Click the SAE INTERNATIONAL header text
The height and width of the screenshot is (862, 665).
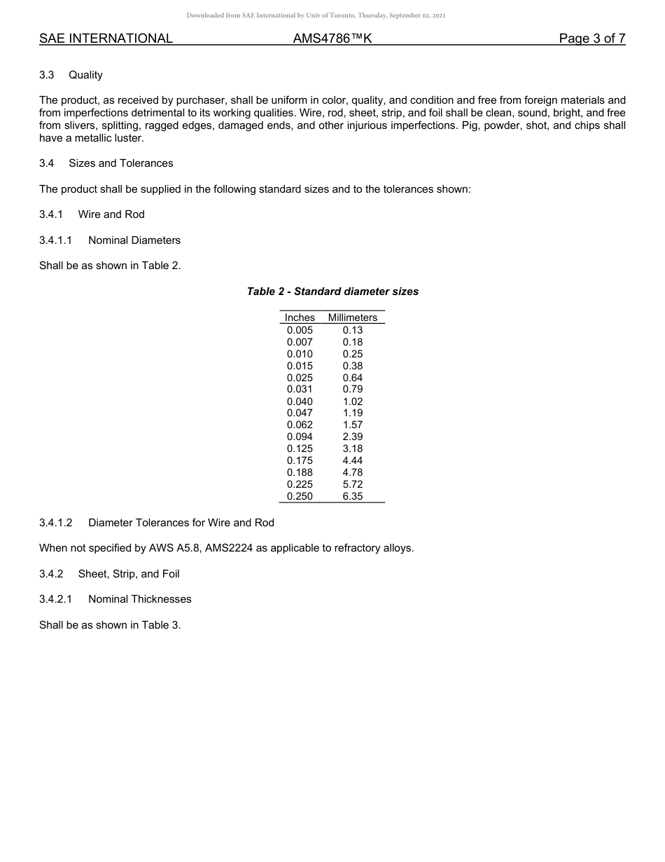click(x=106, y=39)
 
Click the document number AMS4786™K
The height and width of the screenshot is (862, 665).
click(x=332, y=39)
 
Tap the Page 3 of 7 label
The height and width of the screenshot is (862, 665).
click(x=591, y=39)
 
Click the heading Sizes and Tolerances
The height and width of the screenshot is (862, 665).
click(x=120, y=163)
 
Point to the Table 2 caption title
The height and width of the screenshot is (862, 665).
click(x=332, y=292)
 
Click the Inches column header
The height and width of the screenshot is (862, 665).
click(x=300, y=317)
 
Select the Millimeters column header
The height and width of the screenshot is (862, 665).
click(x=353, y=317)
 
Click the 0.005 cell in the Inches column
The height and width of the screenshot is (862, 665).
click(x=300, y=330)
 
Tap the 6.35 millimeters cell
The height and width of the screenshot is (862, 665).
click(x=353, y=496)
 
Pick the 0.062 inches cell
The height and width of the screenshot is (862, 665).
click(x=300, y=425)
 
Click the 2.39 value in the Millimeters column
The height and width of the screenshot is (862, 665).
click(x=353, y=437)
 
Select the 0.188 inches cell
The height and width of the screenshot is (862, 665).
click(x=300, y=472)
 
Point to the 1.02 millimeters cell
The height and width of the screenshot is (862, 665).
click(x=353, y=402)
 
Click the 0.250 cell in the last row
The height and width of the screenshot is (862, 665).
click(x=300, y=496)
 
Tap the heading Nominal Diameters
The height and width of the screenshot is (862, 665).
click(x=134, y=240)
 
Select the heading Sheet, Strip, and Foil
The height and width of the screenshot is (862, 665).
click(x=129, y=574)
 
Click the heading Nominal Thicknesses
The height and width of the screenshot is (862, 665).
click(x=140, y=599)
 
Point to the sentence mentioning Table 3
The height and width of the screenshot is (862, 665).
click(x=110, y=625)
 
